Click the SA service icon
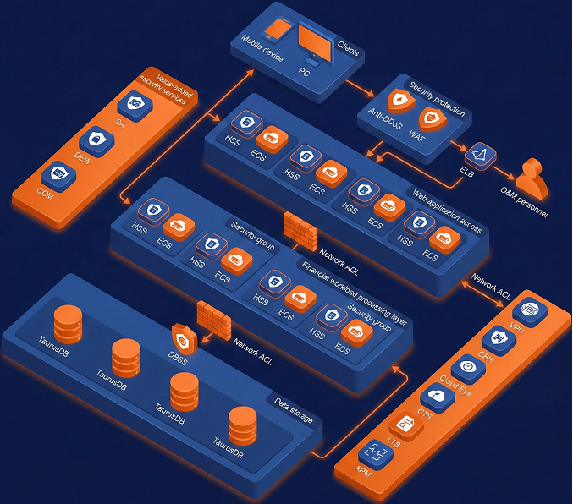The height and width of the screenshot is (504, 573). click(x=133, y=105)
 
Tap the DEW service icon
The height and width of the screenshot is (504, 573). click(x=96, y=139)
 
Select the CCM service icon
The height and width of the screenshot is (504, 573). click(x=58, y=173)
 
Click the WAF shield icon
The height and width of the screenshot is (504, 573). click(x=432, y=120)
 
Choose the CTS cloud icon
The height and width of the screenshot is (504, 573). click(x=438, y=396)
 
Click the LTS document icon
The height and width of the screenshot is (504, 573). click(x=406, y=425)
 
